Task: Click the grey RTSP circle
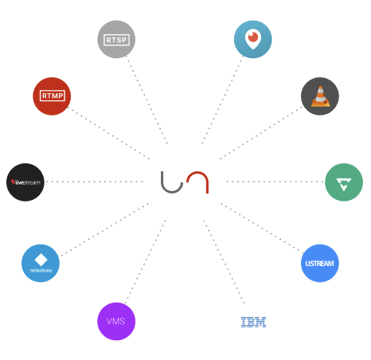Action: click(116, 39)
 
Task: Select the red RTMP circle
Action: click(52, 96)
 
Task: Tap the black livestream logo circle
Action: click(25, 182)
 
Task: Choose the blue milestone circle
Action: click(41, 263)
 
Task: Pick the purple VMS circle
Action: click(116, 321)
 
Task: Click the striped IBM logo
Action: click(253, 322)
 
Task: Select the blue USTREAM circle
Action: click(320, 263)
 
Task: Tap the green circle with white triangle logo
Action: click(344, 182)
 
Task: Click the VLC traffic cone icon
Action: click(321, 96)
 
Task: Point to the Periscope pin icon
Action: click(253, 39)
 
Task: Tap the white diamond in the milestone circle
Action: click(41, 260)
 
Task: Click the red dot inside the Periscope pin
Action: click(253, 37)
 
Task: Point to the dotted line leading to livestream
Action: click(94, 182)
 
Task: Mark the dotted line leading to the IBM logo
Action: click(224, 261)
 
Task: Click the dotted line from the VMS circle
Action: click(146, 261)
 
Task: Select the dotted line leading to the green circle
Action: click(275, 182)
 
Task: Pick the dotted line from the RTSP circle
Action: click(146, 100)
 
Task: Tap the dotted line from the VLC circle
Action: click(261, 133)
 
